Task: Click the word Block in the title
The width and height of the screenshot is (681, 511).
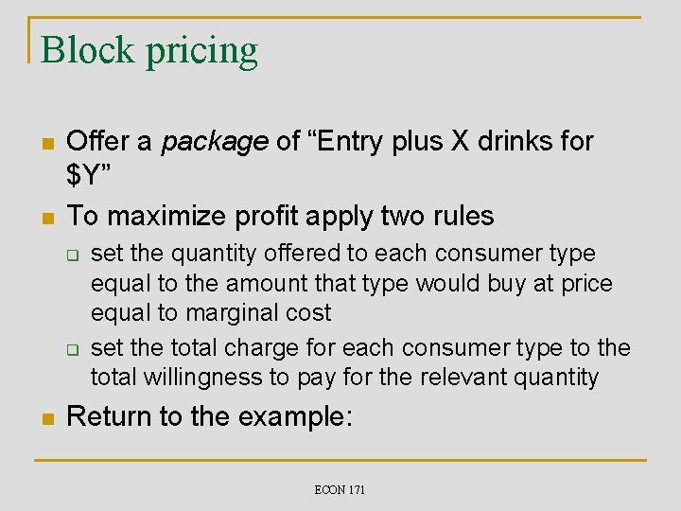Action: (x=87, y=49)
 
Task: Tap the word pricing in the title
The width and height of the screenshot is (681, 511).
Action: (x=201, y=51)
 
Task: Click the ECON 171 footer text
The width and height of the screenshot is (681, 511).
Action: (x=340, y=489)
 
